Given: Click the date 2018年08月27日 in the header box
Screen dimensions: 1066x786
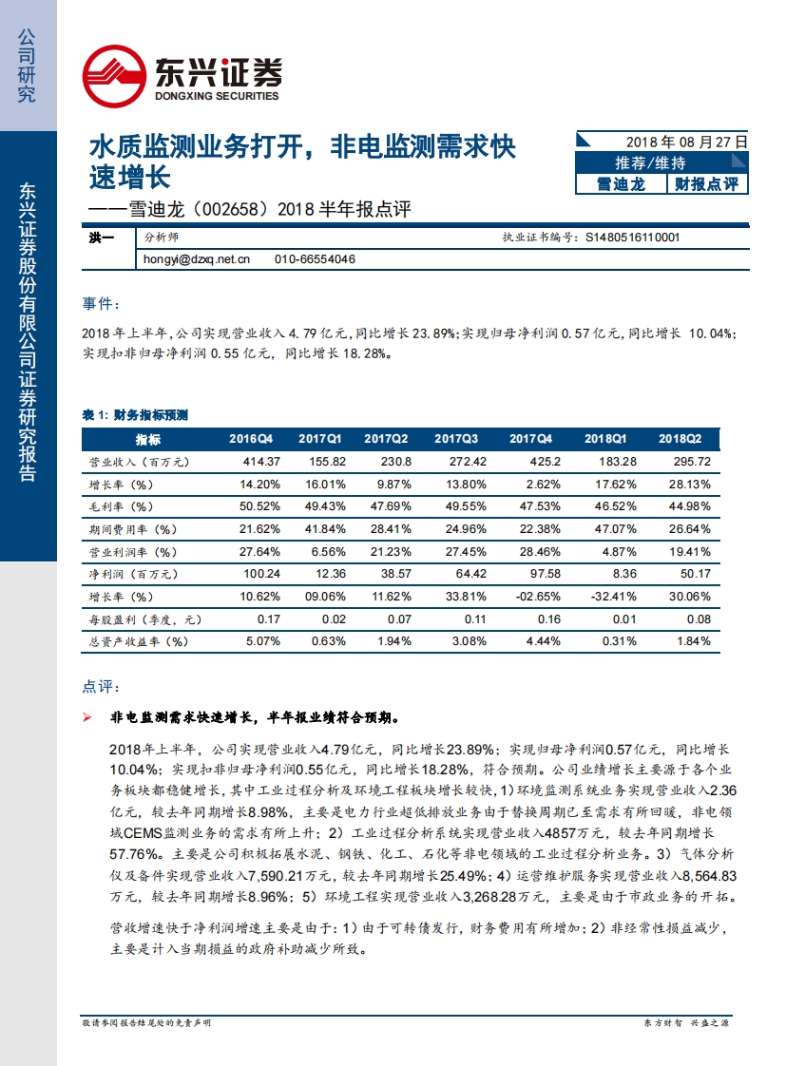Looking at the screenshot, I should click(686, 141).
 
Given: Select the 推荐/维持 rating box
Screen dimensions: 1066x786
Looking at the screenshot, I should click(662, 162).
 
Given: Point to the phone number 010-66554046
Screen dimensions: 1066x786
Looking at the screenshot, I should click(315, 258).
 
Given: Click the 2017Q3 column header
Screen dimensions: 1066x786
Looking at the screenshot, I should click(455, 439).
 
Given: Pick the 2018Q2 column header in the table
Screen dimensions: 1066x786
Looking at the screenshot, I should click(681, 439).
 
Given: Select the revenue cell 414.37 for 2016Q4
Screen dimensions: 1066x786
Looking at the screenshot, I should click(254, 461).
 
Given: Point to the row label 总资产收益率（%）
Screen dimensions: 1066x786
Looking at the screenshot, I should click(134, 641).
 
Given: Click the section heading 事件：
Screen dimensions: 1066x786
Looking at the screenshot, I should click(101, 303).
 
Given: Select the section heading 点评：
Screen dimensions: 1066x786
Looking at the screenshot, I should click(101, 686).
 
